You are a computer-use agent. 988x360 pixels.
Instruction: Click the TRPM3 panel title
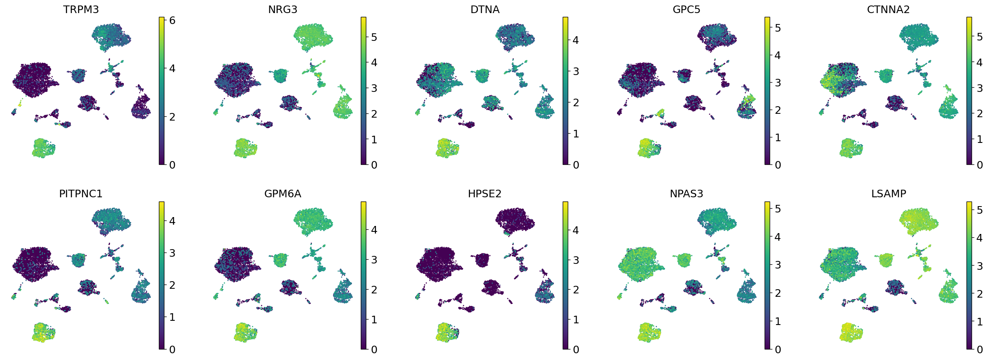click(81, 10)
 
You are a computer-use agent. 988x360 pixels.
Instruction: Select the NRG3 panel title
click(282, 10)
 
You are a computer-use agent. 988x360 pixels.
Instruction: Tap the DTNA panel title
click(485, 10)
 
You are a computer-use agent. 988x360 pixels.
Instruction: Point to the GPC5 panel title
click(686, 10)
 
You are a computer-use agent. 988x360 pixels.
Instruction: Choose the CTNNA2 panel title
click(888, 10)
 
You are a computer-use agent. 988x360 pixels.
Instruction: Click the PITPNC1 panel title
click(81, 194)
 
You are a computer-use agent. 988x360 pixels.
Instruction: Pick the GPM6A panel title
click(282, 194)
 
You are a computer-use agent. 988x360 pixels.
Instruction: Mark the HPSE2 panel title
click(485, 194)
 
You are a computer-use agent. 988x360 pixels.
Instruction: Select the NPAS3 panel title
click(686, 194)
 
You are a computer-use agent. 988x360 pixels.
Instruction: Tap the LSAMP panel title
click(889, 194)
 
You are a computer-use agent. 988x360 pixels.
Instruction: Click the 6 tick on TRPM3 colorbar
click(172, 20)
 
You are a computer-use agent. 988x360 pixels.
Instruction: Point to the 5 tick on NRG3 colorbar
click(374, 37)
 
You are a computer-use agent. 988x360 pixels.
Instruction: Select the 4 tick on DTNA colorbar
click(576, 40)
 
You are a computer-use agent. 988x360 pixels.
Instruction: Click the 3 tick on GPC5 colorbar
click(778, 83)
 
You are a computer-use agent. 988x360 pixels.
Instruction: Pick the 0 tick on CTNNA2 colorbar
click(980, 165)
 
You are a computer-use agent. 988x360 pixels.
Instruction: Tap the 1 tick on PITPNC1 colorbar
click(172, 317)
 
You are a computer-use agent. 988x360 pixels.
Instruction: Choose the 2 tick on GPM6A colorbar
click(374, 290)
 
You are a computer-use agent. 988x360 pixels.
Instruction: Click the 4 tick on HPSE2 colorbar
click(576, 230)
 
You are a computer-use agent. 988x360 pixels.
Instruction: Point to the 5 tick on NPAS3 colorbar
click(778, 209)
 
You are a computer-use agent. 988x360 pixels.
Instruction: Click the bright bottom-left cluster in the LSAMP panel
click(851, 332)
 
